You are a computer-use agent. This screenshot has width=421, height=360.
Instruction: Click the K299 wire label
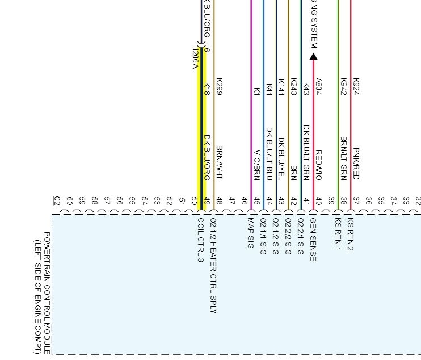pyautogui.click(x=220, y=87)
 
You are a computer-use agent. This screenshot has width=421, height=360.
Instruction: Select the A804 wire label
pyautogui.click(x=318, y=87)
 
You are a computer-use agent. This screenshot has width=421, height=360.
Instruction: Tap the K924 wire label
pyautogui.click(x=356, y=87)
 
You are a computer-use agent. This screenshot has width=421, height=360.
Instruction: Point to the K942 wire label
pyautogui.click(x=343, y=87)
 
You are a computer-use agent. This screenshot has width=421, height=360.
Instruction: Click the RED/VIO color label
pyautogui.click(x=318, y=165)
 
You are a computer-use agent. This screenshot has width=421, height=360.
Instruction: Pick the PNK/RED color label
pyautogui.click(x=356, y=164)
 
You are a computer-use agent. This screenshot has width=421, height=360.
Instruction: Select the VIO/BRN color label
pyautogui.click(x=256, y=165)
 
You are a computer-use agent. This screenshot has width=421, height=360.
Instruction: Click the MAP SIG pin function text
pyautogui.click(x=251, y=233)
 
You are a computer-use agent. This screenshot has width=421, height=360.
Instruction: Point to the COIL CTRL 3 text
pyautogui.click(x=200, y=240)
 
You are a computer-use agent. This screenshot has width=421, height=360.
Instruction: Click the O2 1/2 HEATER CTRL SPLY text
pyautogui.click(x=213, y=265)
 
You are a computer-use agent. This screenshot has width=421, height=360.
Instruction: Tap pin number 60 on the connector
pyautogui.click(x=69, y=201)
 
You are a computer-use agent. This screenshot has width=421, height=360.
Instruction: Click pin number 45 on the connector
pyautogui.click(x=256, y=201)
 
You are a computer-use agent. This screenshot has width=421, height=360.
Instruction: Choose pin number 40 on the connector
pyautogui.click(x=318, y=201)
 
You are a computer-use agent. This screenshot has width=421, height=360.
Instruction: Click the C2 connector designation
pyautogui.click(x=57, y=200)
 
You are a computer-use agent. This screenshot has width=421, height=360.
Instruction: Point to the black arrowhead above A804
pyautogui.click(x=313, y=56)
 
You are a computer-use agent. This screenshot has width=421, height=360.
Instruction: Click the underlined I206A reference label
pyautogui.click(x=195, y=59)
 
